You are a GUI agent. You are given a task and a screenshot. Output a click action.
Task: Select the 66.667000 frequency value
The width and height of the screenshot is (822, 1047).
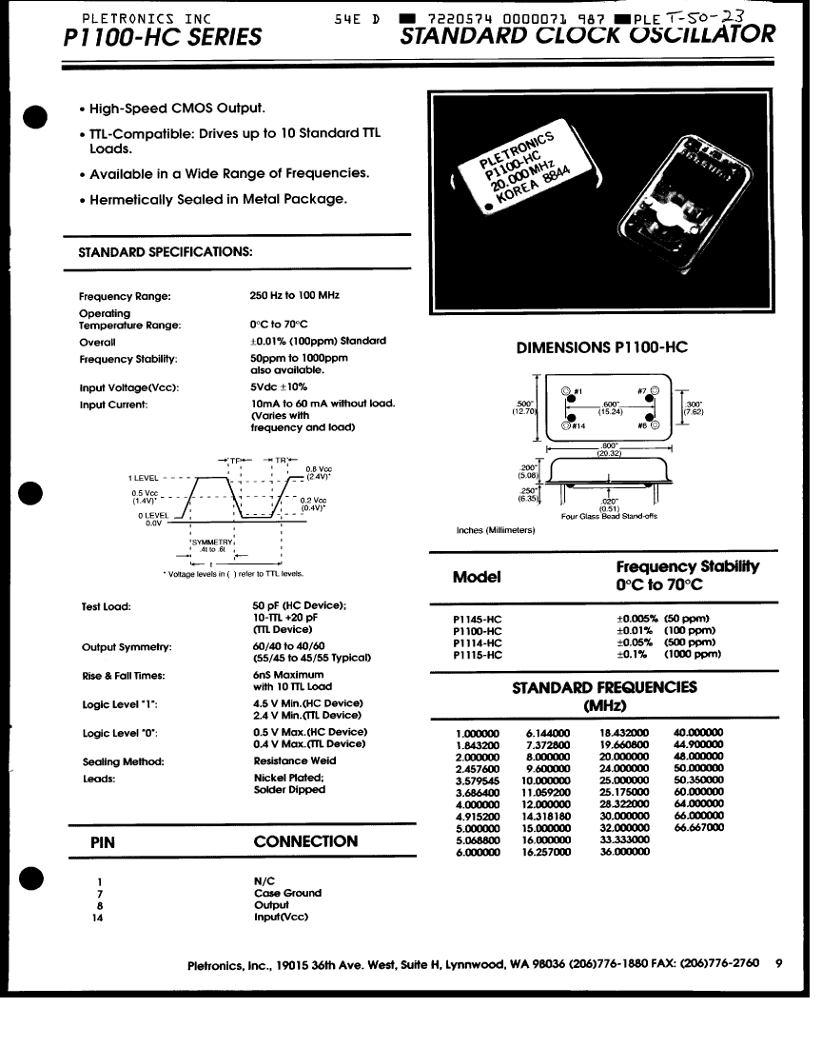(698, 827)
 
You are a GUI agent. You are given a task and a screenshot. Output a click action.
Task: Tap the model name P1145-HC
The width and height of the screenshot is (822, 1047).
(478, 619)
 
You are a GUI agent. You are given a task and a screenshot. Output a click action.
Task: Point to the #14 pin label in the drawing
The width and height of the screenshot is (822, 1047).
(578, 425)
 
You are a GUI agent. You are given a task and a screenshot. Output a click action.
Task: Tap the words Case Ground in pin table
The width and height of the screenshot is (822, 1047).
(287, 893)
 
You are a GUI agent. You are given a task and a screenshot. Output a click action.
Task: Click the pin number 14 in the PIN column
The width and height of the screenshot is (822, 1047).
(98, 918)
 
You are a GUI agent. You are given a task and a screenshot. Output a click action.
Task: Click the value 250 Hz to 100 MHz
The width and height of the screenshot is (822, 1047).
(294, 296)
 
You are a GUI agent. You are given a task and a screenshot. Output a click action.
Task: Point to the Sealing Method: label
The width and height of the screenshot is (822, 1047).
(124, 761)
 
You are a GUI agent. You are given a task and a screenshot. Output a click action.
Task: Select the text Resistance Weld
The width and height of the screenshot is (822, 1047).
(295, 761)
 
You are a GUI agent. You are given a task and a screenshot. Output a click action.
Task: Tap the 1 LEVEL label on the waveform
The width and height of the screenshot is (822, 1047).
(144, 477)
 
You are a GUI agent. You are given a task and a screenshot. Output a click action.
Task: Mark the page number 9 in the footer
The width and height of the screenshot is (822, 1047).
(778, 963)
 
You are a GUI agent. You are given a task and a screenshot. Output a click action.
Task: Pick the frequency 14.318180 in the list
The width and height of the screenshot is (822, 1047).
(546, 816)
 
